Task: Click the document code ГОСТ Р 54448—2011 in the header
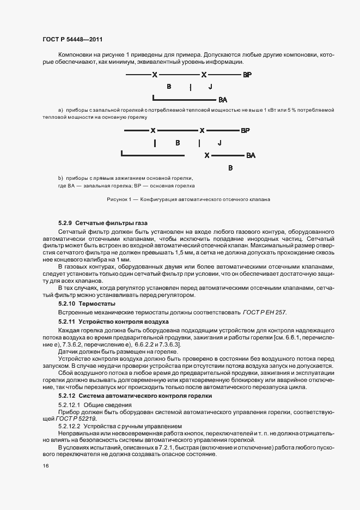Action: click(x=72, y=40)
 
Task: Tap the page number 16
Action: click(x=44, y=465)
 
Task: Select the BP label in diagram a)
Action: click(x=247, y=75)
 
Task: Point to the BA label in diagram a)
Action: click(x=222, y=100)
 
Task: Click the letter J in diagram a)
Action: click(x=210, y=87)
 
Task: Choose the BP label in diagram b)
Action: click(x=245, y=131)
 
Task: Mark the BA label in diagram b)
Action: click(x=251, y=156)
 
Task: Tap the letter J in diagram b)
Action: click(x=219, y=143)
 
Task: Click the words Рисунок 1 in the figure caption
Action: click(x=120, y=199)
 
